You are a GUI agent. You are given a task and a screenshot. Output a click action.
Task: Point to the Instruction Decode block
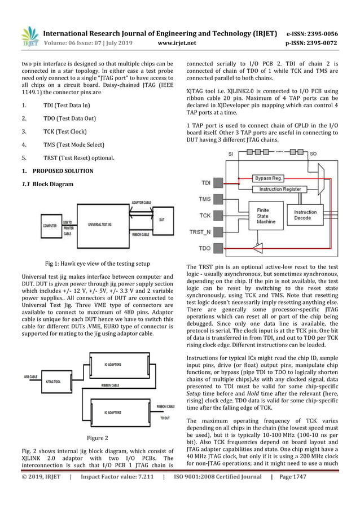(305, 216)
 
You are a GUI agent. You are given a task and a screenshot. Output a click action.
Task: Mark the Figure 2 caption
(97, 438)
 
